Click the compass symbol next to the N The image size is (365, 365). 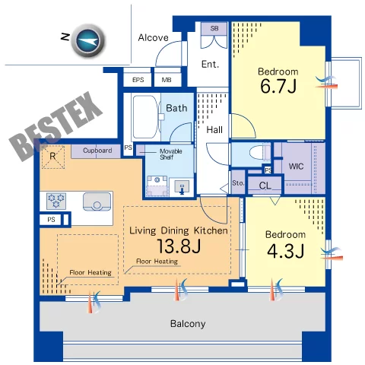pos(88,40)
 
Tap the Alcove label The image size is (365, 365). pos(153,38)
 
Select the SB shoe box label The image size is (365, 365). pos(214,28)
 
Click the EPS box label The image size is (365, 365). pos(138,80)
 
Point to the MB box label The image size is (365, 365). pos(167,80)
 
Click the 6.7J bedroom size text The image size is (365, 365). pos(278,86)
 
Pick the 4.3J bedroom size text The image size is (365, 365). pos(285,251)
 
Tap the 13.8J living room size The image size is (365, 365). pos(179,246)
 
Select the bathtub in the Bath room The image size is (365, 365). pos(146,116)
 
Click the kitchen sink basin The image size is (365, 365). pos(97,202)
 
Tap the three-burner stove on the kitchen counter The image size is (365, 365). pos(56,201)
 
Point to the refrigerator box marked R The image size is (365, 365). pos(53,157)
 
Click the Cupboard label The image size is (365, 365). pos(97,151)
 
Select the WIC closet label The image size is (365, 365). pos(296,167)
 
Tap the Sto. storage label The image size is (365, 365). pos(238,183)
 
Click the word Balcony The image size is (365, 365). pos(188,324)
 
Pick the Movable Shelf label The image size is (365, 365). pos(170,154)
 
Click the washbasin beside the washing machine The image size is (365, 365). pos(182,186)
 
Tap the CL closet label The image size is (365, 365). pos(265,186)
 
